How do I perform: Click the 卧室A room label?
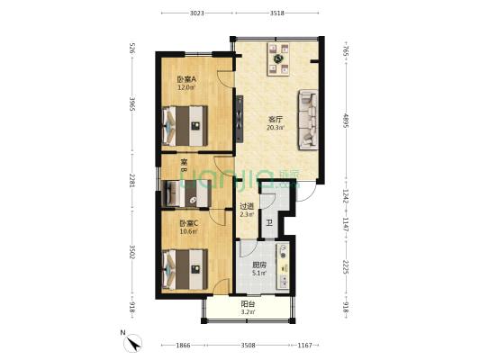coord(186,79)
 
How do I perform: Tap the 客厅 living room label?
coord(276,118)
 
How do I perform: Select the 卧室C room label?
coord(186,223)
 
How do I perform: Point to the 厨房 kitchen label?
coord(258,265)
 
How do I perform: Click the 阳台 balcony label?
coord(247,305)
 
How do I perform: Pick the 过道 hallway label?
coord(247,205)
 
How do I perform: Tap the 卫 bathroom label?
coord(269,223)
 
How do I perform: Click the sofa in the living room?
coord(307,118)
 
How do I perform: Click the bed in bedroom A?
coord(186,125)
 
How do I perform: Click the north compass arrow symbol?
coord(133,342)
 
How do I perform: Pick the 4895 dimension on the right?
coord(345,121)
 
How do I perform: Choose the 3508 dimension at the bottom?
coord(249,345)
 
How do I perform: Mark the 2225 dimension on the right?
coord(345,266)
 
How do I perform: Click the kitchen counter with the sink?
coord(284,266)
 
